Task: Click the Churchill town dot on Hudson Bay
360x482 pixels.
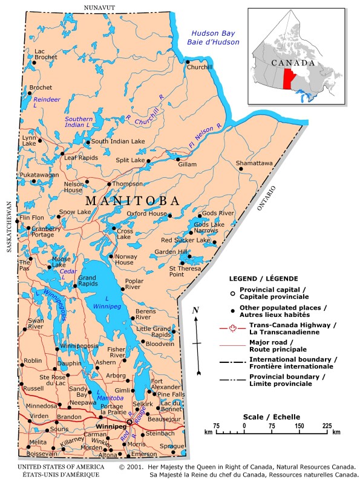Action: [188, 61]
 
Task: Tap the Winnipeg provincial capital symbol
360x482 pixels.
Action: [129, 422]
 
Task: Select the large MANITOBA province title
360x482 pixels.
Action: [133, 201]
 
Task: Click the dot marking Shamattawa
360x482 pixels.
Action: [241, 169]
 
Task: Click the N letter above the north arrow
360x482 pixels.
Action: [195, 310]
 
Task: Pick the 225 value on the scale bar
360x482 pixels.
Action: [327, 426]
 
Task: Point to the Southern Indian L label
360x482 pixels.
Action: [79, 122]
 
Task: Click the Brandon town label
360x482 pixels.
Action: [69, 417]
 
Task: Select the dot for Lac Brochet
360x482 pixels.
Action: [34, 62]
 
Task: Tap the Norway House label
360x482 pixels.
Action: [125, 259]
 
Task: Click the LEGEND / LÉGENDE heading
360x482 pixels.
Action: [263, 279]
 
